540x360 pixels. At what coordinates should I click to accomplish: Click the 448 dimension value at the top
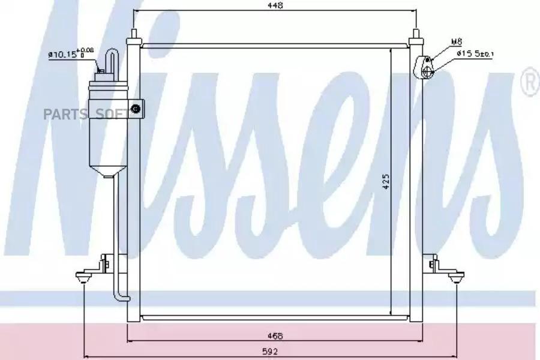(275, 5)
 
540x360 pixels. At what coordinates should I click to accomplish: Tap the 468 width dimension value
(275, 336)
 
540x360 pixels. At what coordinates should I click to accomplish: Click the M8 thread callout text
(457, 42)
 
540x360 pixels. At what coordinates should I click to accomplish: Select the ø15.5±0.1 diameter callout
(476, 53)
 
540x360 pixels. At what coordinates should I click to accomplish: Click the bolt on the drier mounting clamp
(136, 109)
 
